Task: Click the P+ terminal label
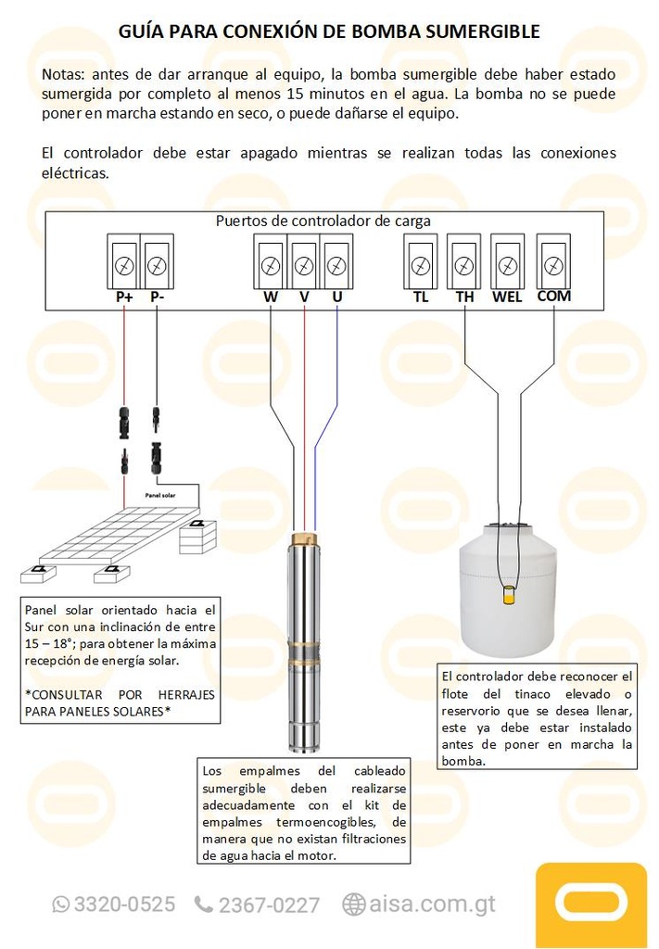pyautogui.click(x=124, y=297)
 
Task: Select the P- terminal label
pyautogui.click(x=157, y=297)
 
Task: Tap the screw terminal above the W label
pyautogui.click(x=271, y=266)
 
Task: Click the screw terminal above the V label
pyautogui.click(x=304, y=266)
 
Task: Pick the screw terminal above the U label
pyautogui.click(x=336, y=266)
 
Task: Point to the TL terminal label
pyautogui.click(x=421, y=297)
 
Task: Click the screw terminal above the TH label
pyautogui.click(x=464, y=266)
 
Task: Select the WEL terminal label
pyautogui.click(x=507, y=297)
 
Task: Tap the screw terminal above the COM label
pyautogui.click(x=553, y=266)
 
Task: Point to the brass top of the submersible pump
pyautogui.click(x=304, y=538)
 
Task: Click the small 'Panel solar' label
pyautogui.click(x=159, y=496)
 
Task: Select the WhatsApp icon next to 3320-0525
pyautogui.click(x=61, y=904)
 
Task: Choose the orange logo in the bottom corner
pyautogui.click(x=590, y=905)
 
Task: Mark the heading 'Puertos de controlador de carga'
pyautogui.click(x=323, y=221)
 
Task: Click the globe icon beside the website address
pyautogui.click(x=353, y=904)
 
